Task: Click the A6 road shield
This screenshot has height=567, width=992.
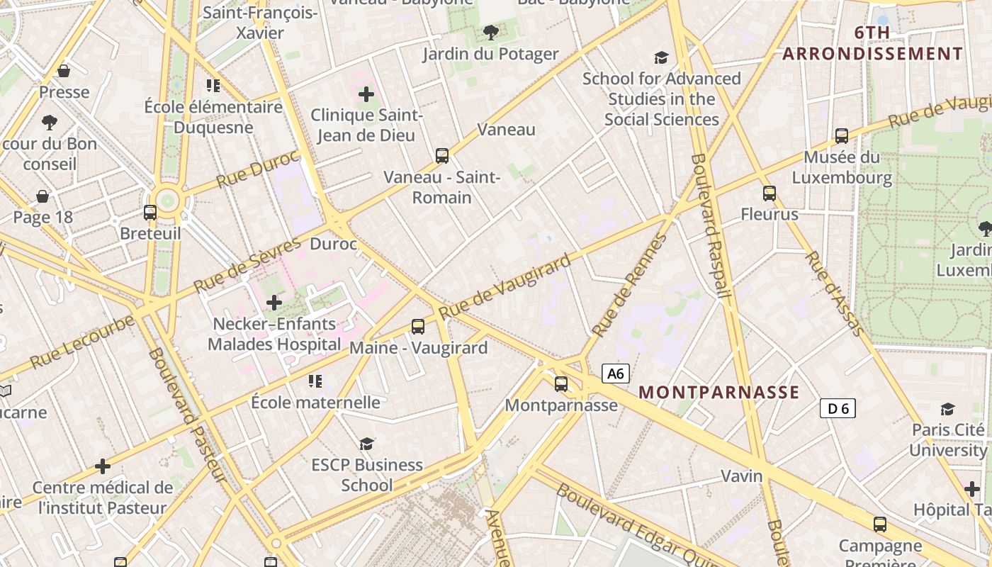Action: (x=616, y=374)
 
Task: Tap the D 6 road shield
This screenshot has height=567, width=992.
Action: (x=838, y=408)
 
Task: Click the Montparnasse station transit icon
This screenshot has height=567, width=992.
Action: (x=561, y=384)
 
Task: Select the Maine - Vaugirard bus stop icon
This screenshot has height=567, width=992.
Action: (x=418, y=327)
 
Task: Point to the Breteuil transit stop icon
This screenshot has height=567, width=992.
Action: (x=150, y=212)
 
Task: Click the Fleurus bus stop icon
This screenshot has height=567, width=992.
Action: (x=770, y=193)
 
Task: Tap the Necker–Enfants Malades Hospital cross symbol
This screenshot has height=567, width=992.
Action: (x=274, y=303)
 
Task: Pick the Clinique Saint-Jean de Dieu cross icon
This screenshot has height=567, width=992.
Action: (x=366, y=94)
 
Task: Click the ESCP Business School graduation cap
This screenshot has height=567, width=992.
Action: (x=366, y=444)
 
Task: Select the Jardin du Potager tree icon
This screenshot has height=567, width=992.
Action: (x=490, y=32)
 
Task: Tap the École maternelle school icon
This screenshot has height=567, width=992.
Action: (x=315, y=381)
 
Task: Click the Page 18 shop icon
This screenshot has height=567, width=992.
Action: (x=43, y=196)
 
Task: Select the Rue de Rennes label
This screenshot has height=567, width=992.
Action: (x=629, y=285)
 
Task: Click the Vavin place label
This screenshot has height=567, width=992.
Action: (x=742, y=476)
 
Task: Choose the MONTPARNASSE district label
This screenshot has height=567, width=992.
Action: (x=719, y=393)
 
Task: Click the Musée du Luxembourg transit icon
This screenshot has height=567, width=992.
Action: (x=842, y=135)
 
